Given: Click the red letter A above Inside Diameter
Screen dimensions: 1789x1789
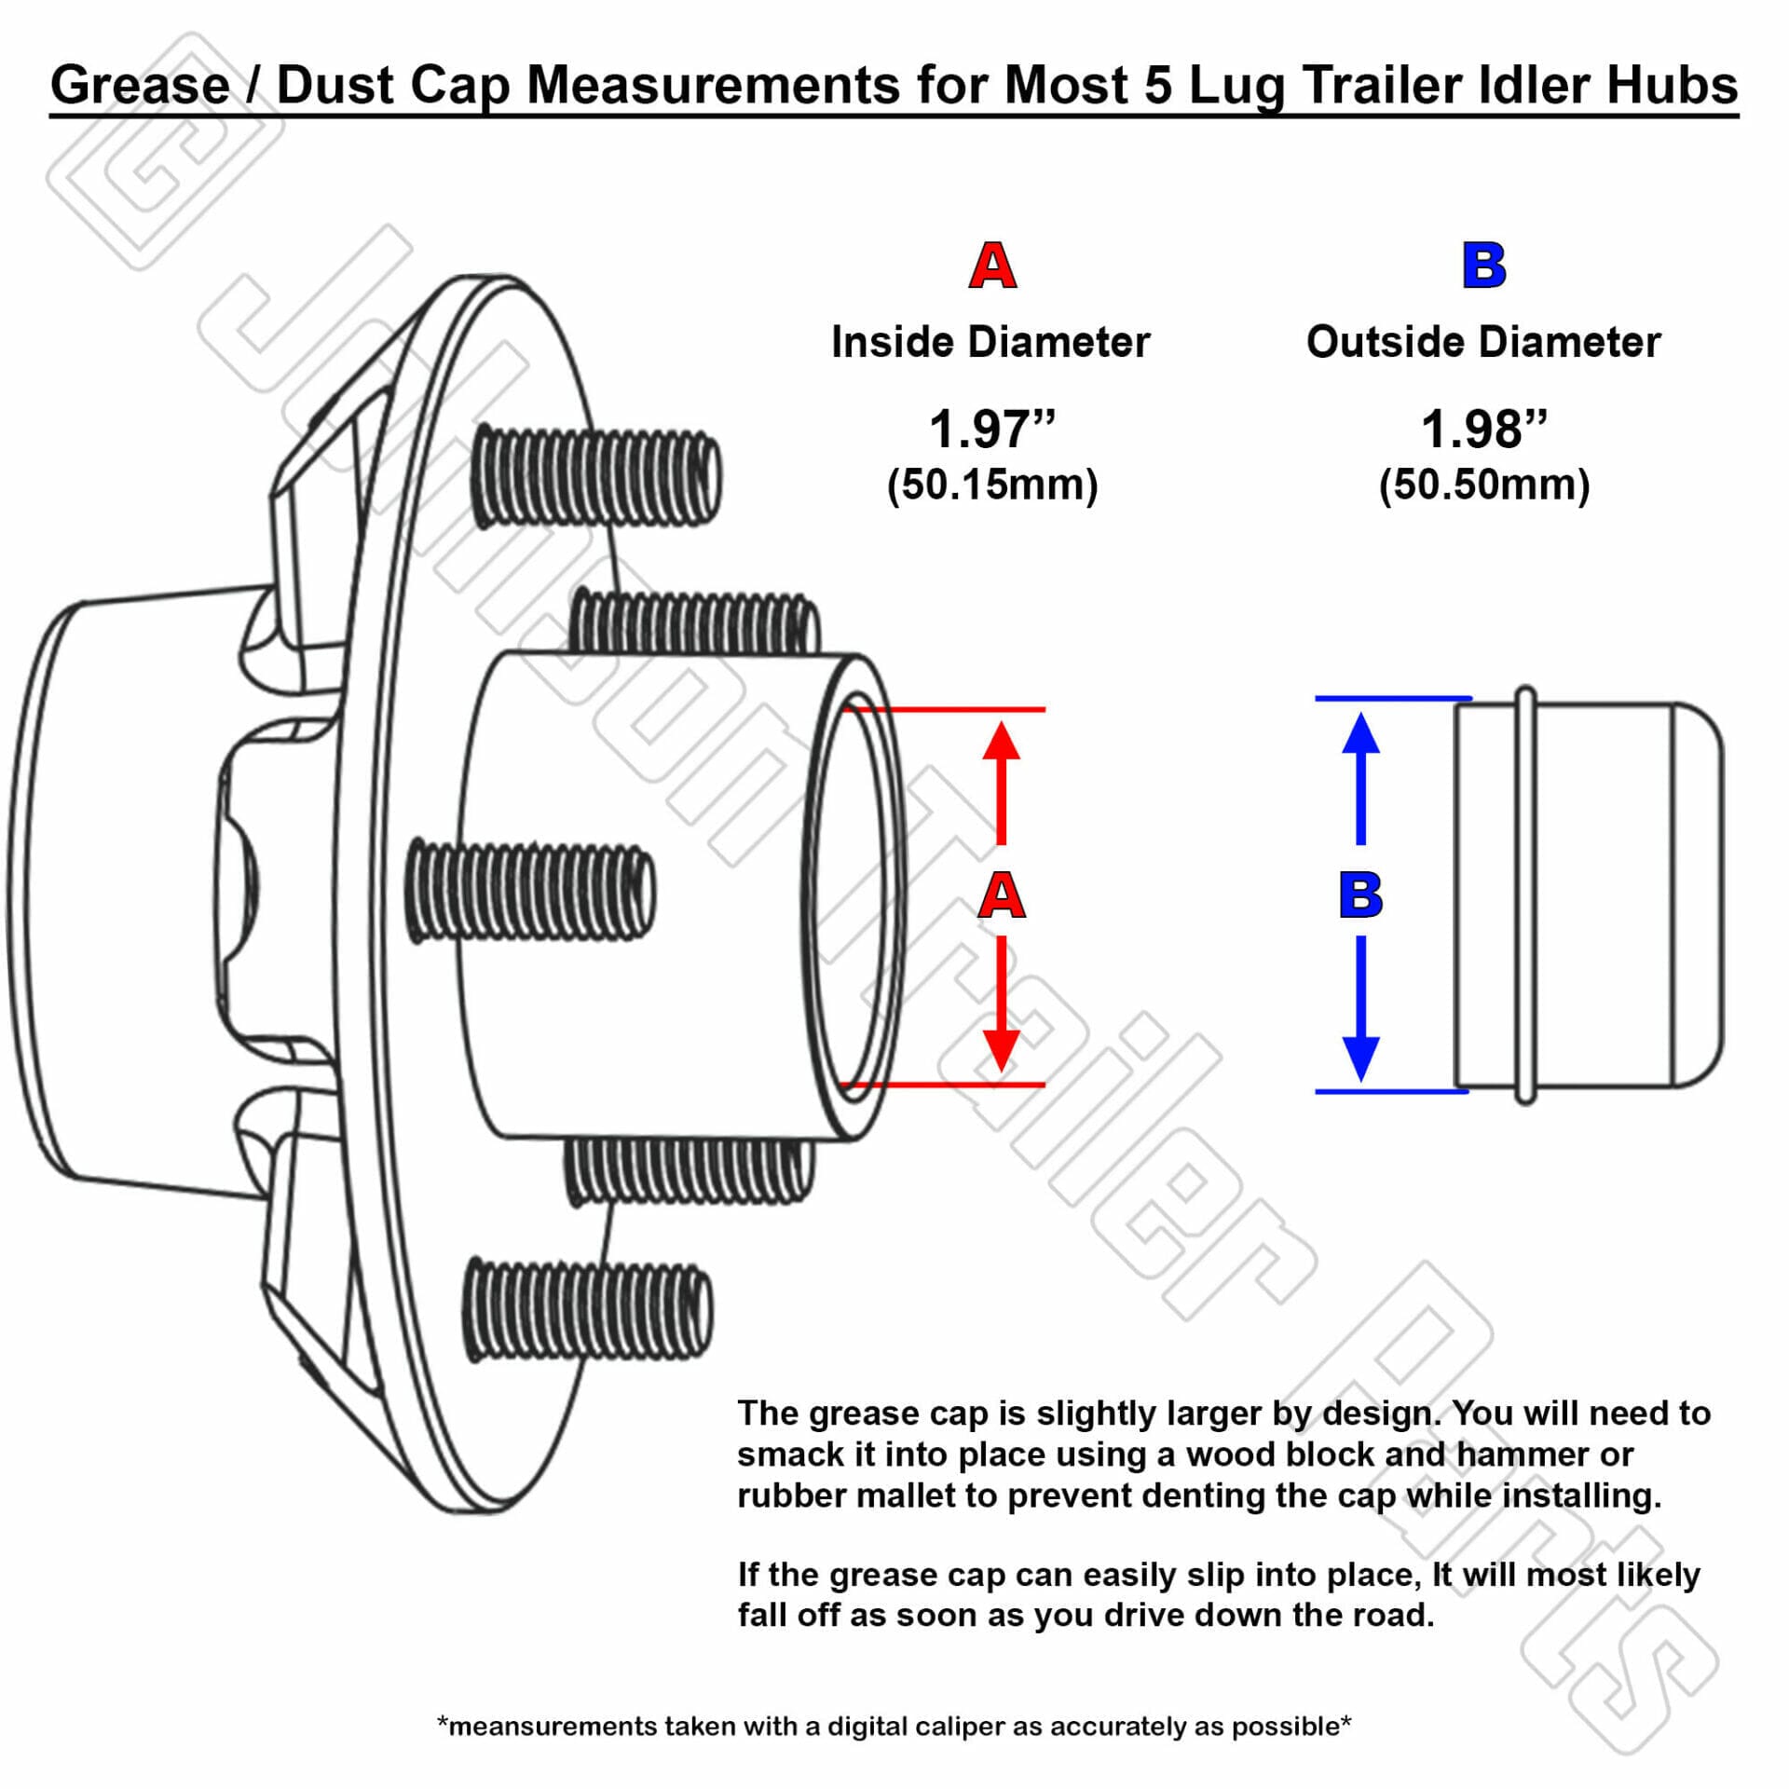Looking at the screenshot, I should pos(992,266).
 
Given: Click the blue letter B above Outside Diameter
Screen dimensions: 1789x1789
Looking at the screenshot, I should pos(1483,266).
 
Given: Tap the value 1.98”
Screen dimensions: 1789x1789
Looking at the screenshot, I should pos(1483,430).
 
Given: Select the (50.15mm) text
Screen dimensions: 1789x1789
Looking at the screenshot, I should pos(992,485).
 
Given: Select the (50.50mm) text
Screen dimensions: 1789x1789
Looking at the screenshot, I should pos(1483,485).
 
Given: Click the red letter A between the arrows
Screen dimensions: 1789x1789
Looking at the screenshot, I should pos(1002,895).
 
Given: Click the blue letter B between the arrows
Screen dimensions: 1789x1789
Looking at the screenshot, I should pos(1360,895).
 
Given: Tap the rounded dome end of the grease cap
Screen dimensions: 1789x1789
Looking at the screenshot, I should pos(1698,894).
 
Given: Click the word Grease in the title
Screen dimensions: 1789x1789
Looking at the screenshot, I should pos(140,85).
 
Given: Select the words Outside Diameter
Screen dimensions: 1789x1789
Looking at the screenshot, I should pos(1483,342).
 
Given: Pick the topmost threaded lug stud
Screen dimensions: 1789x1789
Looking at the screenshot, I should pos(596,477).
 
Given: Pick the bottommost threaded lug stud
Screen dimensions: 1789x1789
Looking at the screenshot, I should pos(587,1309).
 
